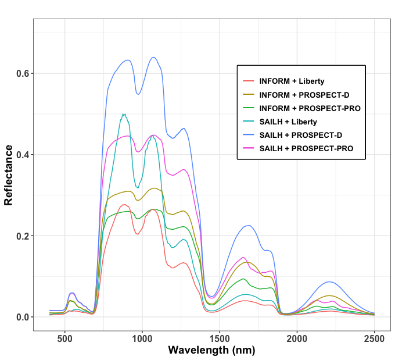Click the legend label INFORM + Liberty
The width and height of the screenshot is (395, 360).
click(292, 81)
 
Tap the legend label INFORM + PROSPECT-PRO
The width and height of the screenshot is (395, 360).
click(310, 108)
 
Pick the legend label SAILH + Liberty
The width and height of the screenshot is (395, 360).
click(288, 122)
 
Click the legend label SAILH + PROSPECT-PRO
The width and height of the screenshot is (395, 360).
click(306, 149)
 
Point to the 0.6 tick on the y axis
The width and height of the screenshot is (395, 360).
click(21, 73)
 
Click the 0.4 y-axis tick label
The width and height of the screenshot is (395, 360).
click(21, 155)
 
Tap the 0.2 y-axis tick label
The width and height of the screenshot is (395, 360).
click(21, 236)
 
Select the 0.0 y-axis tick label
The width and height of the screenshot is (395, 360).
click(21, 318)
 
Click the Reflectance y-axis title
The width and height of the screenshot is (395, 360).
click(9, 174)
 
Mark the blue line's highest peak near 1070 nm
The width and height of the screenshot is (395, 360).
click(153, 57)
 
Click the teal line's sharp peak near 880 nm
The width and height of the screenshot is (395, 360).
click(124, 115)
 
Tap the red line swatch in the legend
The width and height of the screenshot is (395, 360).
click(249, 81)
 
